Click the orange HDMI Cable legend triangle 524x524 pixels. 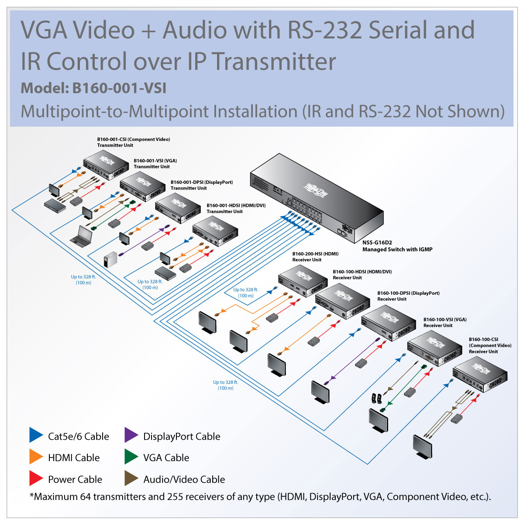35,457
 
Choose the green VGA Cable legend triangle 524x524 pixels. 131,457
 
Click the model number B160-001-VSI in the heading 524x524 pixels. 119,88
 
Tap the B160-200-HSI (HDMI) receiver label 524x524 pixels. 315,254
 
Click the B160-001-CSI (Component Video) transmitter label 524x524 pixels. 133,139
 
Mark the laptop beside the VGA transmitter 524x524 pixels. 82,236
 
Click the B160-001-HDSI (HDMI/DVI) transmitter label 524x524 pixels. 236,205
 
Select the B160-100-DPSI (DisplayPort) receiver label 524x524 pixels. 408,293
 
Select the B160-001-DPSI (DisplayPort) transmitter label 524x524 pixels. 201,182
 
